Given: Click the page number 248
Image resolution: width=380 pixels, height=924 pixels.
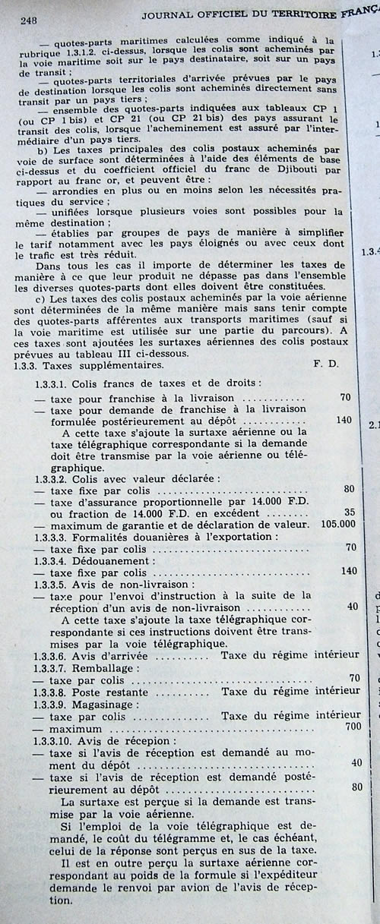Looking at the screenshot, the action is pyautogui.click(x=26, y=20).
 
